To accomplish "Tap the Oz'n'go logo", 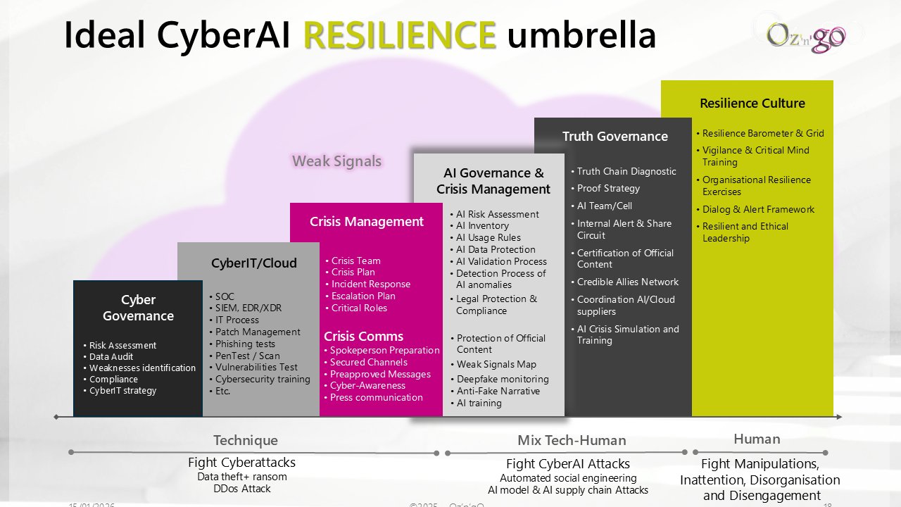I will click(x=806, y=36).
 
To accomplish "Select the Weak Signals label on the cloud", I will click(x=336, y=161).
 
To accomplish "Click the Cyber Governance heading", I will click(x=138, y=308).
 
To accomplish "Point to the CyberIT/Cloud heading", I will click(x=254, y=263).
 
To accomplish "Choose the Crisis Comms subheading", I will click(x=363, y=336).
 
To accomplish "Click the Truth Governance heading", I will click(x=615, y=137).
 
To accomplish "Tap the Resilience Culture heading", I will click(x=752, y=104).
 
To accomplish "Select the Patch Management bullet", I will click(x=258, y=332).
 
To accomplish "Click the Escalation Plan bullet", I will click(x=363, y=296).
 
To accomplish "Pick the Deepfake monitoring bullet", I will click(x=503, y=379).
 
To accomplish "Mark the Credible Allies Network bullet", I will click(x=628, y=282).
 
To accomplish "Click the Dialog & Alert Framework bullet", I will click(x=758, y=209).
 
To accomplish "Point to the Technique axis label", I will click(x=246, y=441).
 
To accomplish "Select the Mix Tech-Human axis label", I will click(x=572, y=441).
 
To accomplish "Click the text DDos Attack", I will click(x=242, y=489).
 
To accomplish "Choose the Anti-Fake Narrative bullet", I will click(x=498, y=391).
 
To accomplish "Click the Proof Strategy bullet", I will click(x=608, y=188).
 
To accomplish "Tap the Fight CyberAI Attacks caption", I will click(x=568, y=464).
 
